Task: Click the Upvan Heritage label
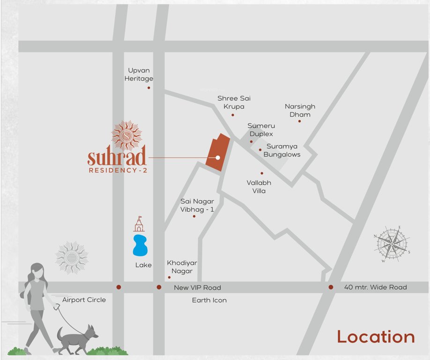pyautogui.click(x=139, y=75)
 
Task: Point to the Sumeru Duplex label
pyautogui.click(x=261, y=130)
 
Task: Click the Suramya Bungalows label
pyautogui.click(x=282, y=150)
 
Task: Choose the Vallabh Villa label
pyautogui.click(x=259, y=187)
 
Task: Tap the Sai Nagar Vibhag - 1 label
pyautogui.click(x=197, y=205)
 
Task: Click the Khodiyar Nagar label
pyautogui.click(x=182, y=267)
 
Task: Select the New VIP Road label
pyautogui.click(x=197, y=287)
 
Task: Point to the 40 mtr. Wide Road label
pyautogui.click(x=375, y=287)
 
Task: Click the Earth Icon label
pyautogui.click(x=209, y=300)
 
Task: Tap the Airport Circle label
pyautogui.click(x=84, y=300)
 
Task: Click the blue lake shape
pyautogui.click(x=140, y=246)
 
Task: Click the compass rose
pyautogui.click(x=392, y=243)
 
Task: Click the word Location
pyautogui.click(x=376, y=337)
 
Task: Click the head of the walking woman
pyautogui.click(x=37, y=270)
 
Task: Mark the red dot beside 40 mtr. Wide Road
pyautogui.click(x=331, y=287)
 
